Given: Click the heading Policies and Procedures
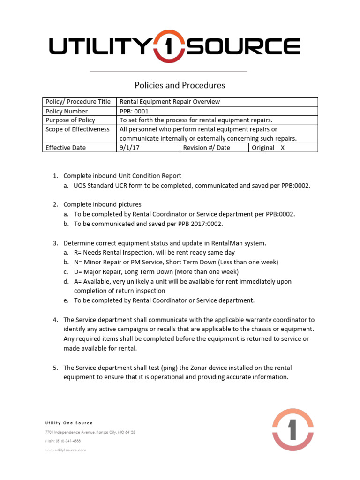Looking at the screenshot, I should coord(180,85).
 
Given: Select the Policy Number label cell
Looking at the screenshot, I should coord(66,111).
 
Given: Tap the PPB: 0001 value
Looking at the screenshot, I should coord(134,111).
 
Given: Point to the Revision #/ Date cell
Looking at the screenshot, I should coord(206,148).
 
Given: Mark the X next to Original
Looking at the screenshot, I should coord(282,148).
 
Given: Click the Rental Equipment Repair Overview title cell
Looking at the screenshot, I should coord(170,102).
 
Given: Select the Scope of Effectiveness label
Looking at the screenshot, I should coord(77,129).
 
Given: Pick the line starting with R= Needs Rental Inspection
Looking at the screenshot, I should coord(154,253).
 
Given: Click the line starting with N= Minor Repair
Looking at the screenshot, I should coord(176,262).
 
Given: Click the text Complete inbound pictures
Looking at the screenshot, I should coord(102,204).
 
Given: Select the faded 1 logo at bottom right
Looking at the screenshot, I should coord(293,429).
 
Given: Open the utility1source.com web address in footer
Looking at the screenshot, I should coord(66,450).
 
